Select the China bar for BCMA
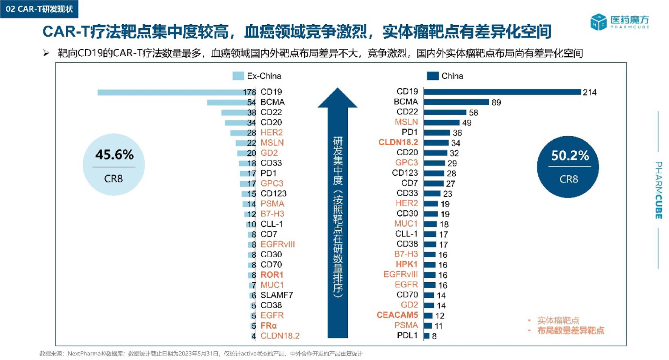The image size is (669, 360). click(456, 102)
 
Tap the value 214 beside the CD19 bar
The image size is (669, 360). click(589, 92)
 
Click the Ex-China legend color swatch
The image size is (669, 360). click(238, 76)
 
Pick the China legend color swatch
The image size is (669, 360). click(432, 76)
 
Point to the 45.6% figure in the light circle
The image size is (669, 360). click(114, 155)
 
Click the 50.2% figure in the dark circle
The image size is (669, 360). click(570, 155)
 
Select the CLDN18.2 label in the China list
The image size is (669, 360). click(398, 142)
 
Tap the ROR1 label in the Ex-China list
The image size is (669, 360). click(271, 275)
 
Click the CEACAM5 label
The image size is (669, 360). click(397, 315)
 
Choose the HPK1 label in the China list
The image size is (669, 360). click(406, 264)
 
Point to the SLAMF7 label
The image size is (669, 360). click(276, 295)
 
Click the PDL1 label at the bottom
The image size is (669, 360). click(407, 335)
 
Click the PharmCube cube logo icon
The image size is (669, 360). click(598, 22)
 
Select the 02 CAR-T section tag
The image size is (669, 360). click(39, 9)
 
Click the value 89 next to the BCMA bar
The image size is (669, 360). click(496, 102)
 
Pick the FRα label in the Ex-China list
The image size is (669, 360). click(268, 325)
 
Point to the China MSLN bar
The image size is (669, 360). click(441, 122)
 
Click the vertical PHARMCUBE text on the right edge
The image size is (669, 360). click(658, 190)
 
